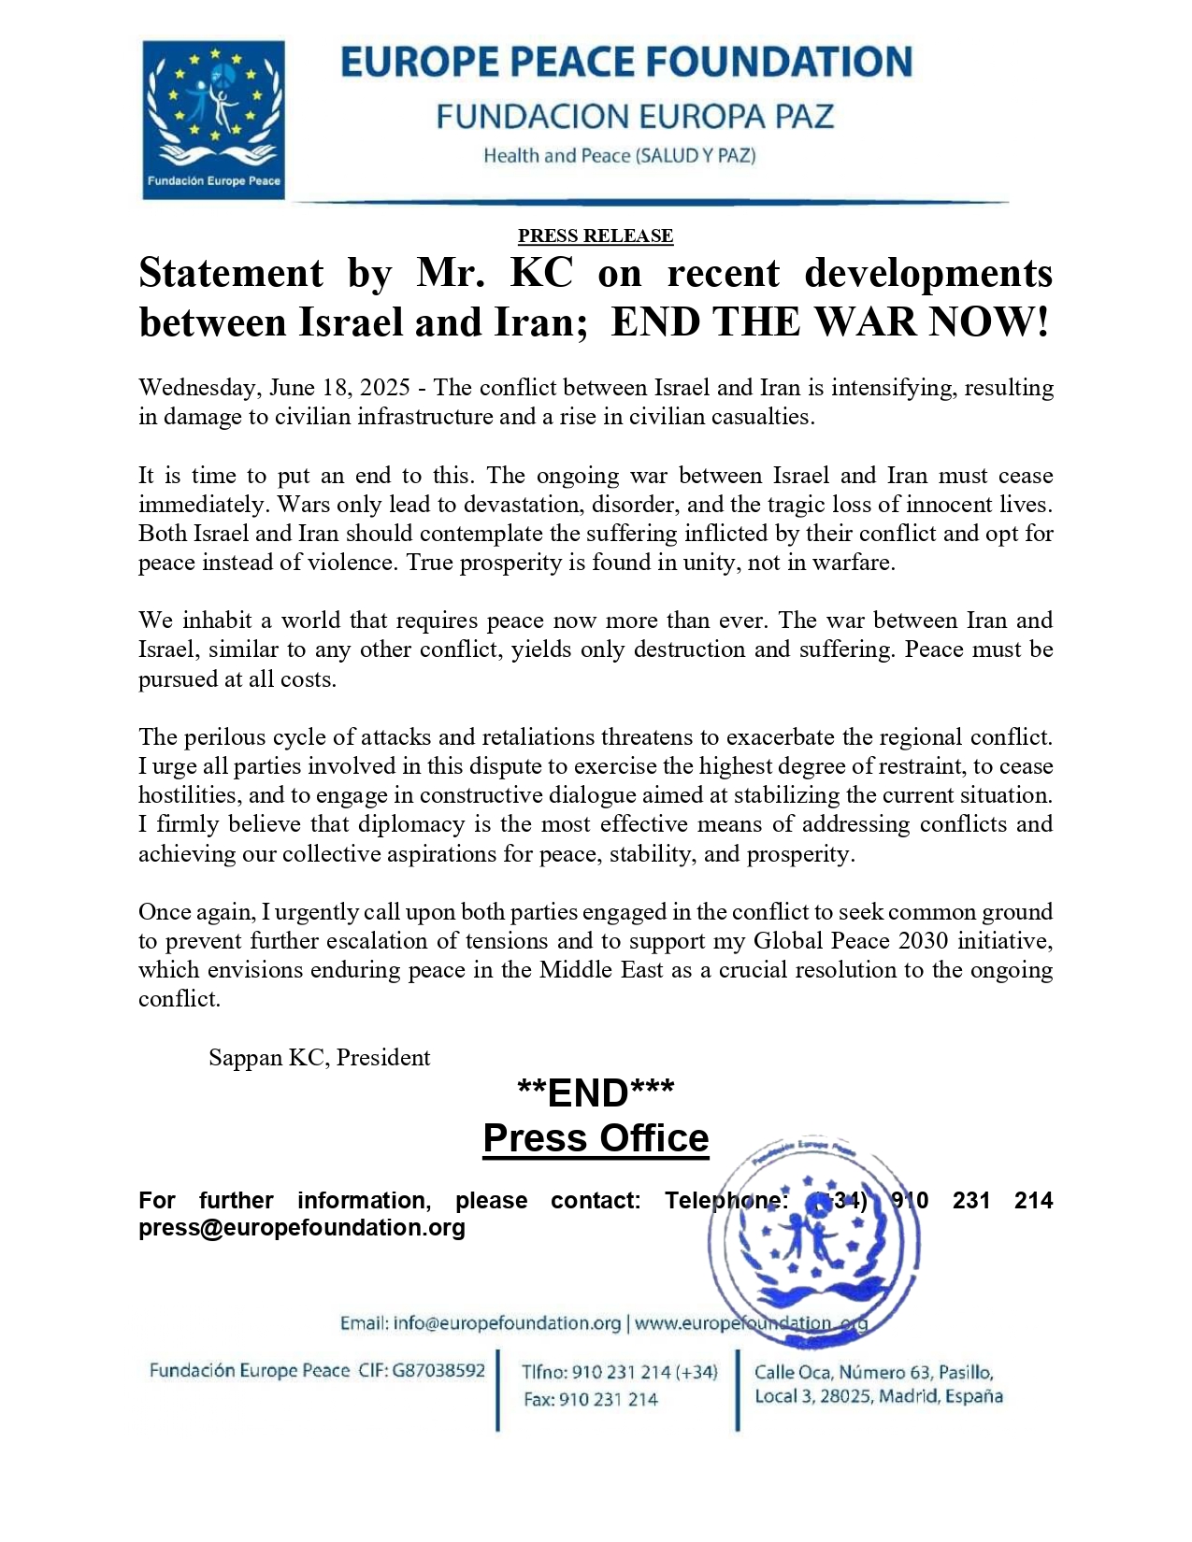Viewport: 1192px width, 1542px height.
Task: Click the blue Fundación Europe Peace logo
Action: point(213,119)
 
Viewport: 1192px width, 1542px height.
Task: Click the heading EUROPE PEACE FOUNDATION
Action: point(625,63)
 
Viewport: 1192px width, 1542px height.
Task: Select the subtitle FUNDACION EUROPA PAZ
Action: point(635,117)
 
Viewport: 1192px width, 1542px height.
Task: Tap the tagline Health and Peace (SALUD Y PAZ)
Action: point(619,156)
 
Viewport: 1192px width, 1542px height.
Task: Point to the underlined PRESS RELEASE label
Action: point(596,236)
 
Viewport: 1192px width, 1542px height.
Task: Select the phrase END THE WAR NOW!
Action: point(830,322)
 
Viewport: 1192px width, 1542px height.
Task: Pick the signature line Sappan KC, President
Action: point(319,1057)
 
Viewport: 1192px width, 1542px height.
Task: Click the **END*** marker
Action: point(596,1092)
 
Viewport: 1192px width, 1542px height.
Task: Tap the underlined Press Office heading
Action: point(596,1138)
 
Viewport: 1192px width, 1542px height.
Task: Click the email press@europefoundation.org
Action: point(302,1227)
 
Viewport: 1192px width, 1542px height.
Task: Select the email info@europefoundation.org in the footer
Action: point(507,1323)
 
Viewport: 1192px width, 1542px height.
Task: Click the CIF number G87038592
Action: point(438,1371)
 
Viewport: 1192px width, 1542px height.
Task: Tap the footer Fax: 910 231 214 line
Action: point(590,1399)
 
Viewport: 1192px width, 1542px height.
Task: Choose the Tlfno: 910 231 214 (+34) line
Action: point(620,1372)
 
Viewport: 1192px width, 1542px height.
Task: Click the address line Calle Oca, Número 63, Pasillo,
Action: point(873,1372)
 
